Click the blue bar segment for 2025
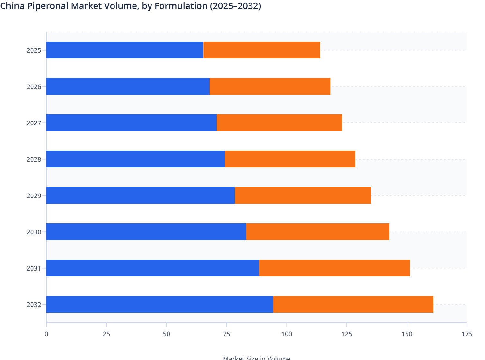point(125,50)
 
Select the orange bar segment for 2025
point(262,50)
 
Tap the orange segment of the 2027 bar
point(279,123)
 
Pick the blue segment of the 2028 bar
point(135,159)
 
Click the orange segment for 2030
point(318,232)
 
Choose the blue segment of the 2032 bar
point(160,304)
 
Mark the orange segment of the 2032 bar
point(353,304)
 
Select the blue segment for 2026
point(128,86)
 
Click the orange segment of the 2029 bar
point(303,195)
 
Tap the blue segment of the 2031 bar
point(152,268)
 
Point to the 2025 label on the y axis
point(34,50)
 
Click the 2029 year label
point(34,196)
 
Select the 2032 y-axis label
point(34,305)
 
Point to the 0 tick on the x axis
point(46,334)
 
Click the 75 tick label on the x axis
point(226,334)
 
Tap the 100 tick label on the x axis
point(287,334)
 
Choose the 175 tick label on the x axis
point(467,334)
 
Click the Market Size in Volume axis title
point(256,357)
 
